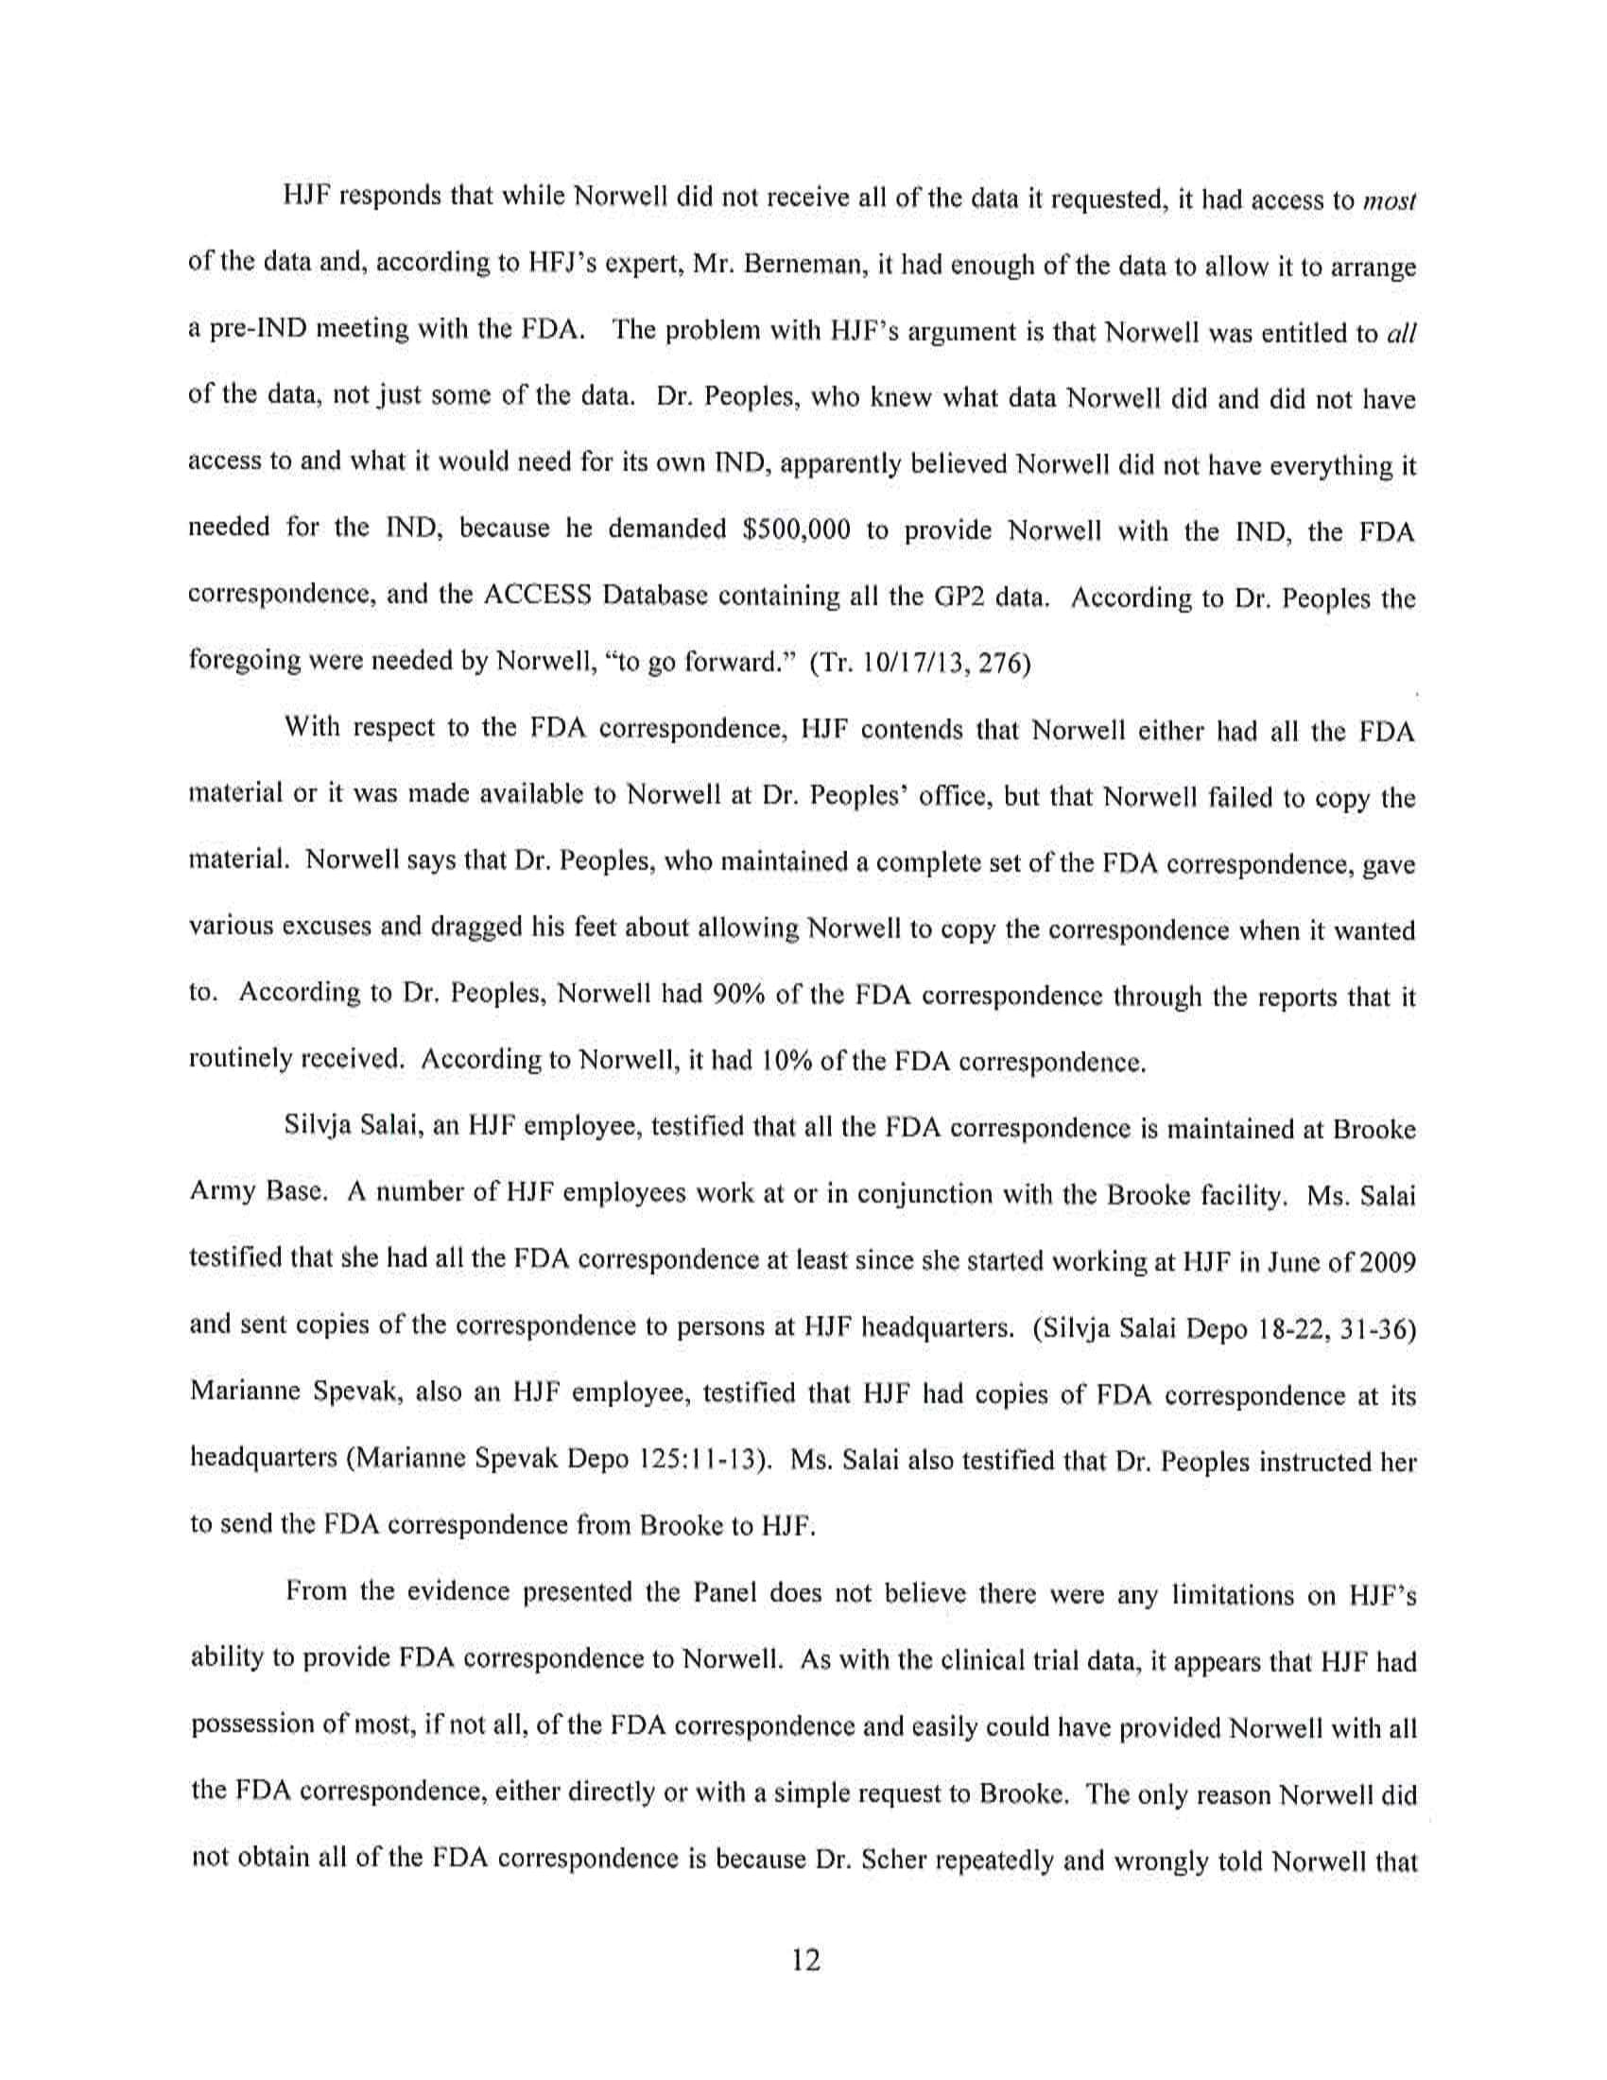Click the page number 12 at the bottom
tap(804, 1960)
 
